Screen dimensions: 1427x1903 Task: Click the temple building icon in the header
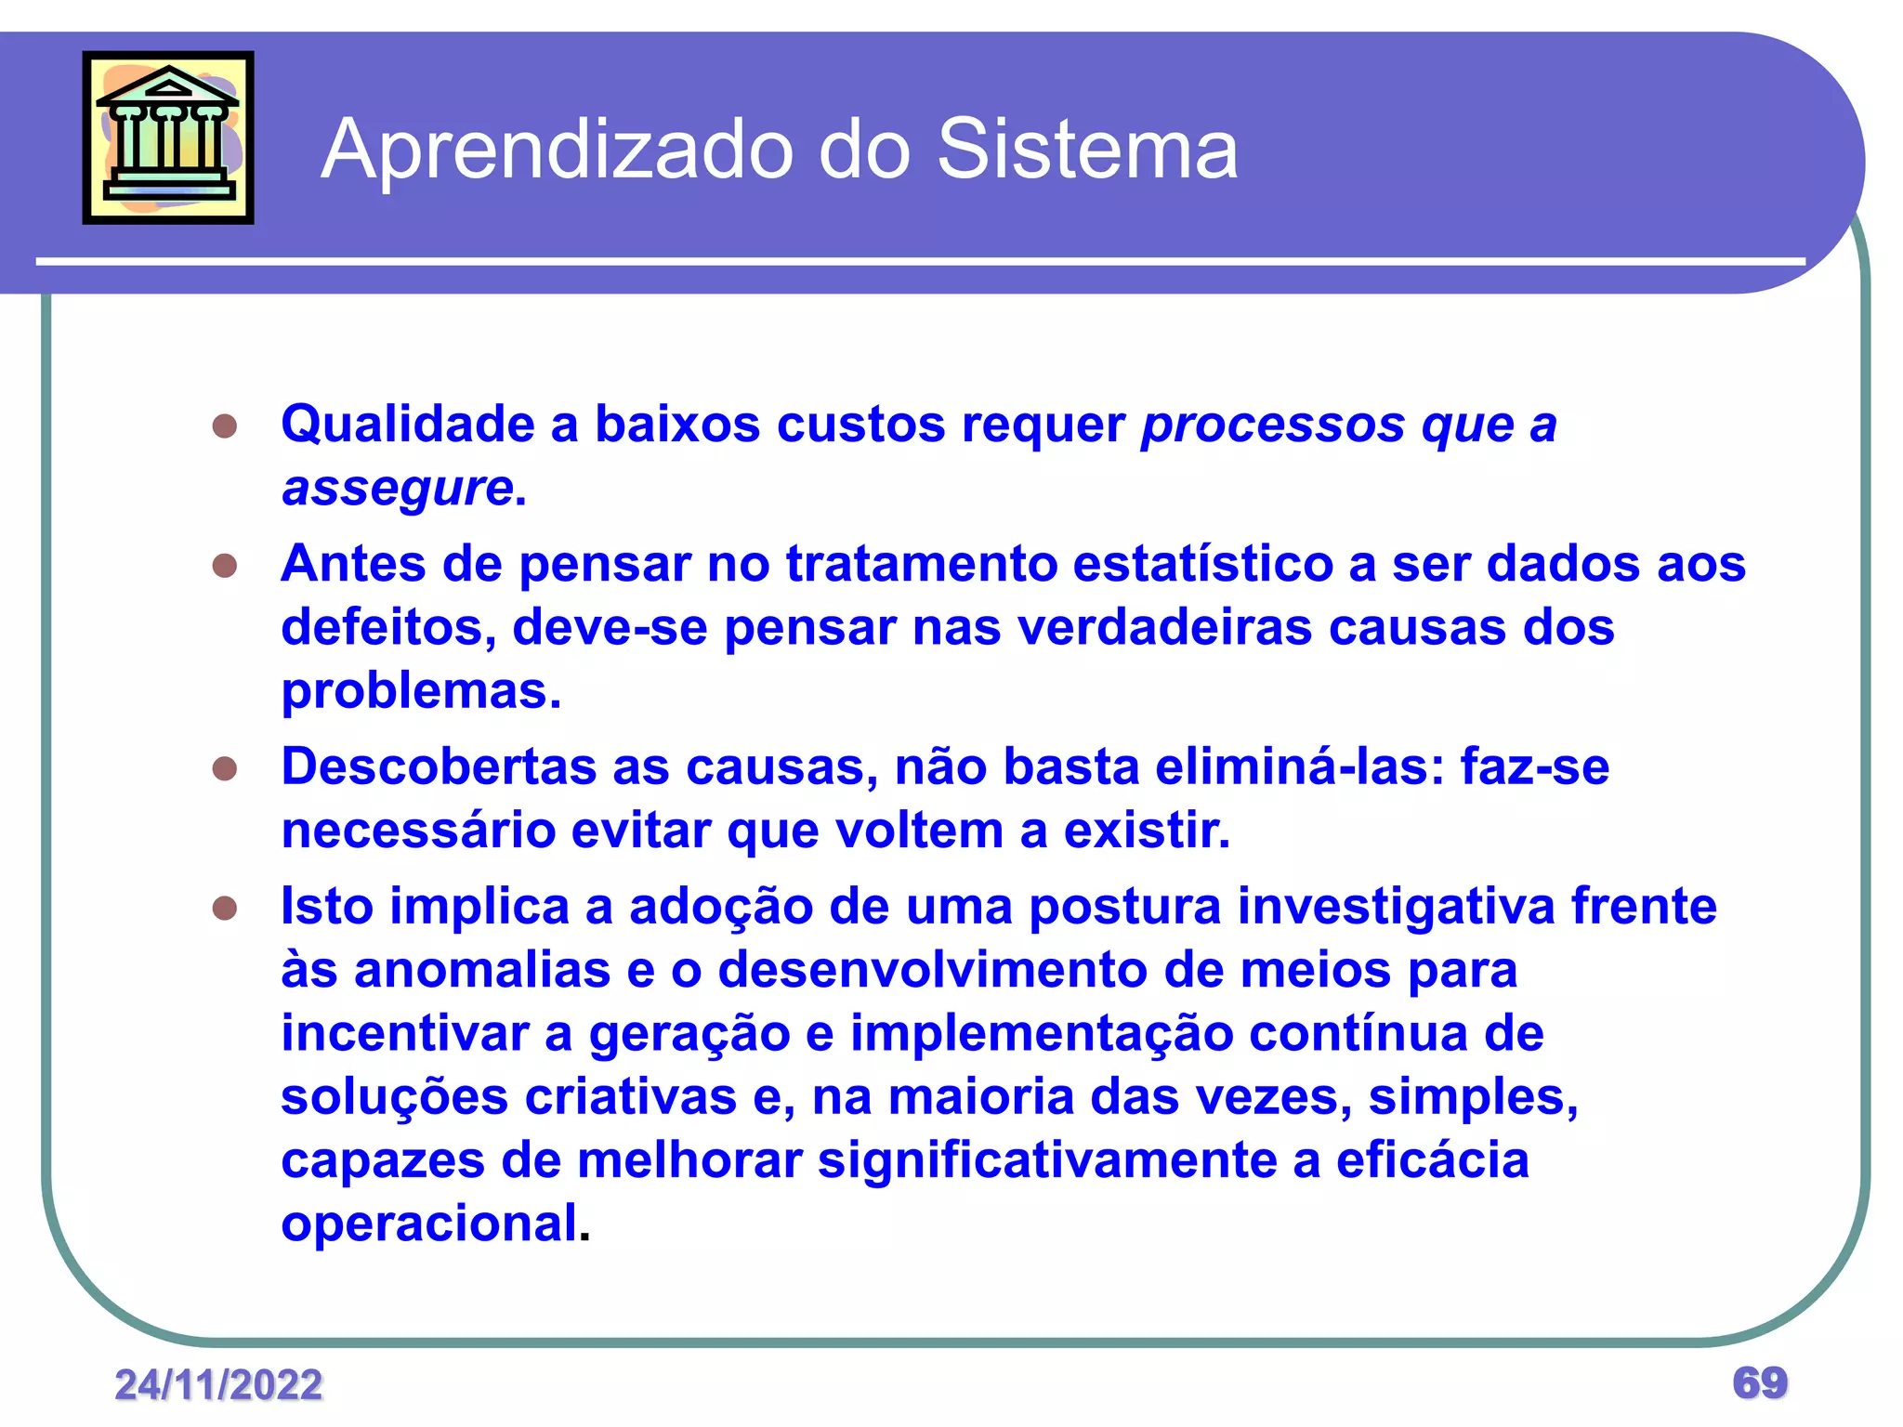[x=168, y=137]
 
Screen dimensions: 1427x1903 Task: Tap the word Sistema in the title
[x=1087, y=149]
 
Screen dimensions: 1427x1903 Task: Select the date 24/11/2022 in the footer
[x=218, y=1384]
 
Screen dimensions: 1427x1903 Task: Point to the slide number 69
[x=1760, y=1382]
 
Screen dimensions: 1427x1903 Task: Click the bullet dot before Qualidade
[x=225, y=426]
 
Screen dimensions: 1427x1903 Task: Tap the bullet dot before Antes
[x=225, y=566]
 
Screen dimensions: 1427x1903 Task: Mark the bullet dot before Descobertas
[x=225, y=769]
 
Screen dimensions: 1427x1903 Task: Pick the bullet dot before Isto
[x=225, y=908]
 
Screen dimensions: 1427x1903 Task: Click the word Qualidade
[x=408, y=425]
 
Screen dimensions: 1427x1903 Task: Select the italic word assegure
[x=398, y=488]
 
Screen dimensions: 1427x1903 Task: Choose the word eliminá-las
[x=1299, y=767]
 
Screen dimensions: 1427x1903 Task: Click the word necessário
[x=418, y=831]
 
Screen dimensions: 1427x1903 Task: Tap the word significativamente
[x=1047, y=1160]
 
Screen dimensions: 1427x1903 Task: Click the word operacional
[x=429, y=1224]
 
